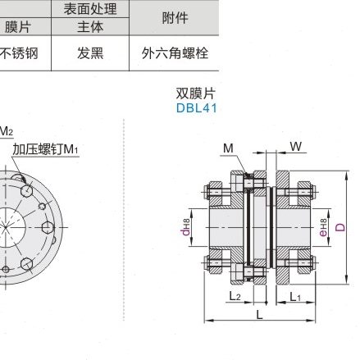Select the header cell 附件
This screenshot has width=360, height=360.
pos(175,17)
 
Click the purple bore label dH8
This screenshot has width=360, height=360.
pos(186,224)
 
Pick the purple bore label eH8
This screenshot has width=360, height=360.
pos(323,224)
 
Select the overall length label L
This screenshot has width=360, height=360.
pos(259,314)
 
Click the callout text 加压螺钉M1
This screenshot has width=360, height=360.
pos(45,149)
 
